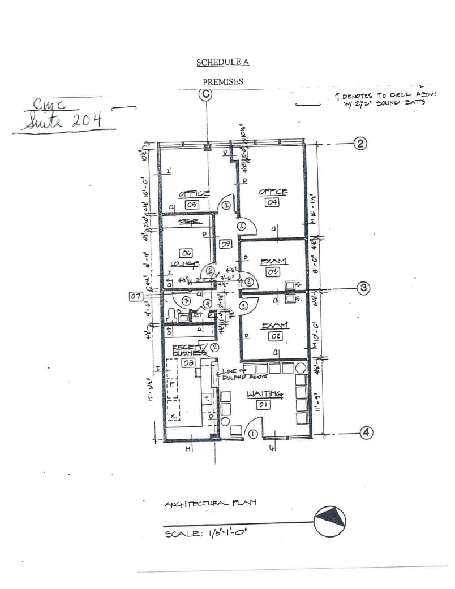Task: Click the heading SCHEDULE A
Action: point(222,62)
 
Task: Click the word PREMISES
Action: point(223,82)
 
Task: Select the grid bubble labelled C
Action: point(205,95)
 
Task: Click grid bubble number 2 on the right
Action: point(360,143)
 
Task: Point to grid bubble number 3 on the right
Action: point(363,288)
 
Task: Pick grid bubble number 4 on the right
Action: point(367,433)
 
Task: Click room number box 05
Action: point(192,204)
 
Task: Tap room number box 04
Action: point(273,203)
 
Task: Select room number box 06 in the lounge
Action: point(187,253)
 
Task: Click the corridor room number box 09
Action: point(225,244)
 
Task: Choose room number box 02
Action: point(275,336)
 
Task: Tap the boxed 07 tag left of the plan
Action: point(135,296)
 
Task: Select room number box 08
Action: point(188,362)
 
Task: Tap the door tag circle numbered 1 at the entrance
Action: point(254,434)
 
